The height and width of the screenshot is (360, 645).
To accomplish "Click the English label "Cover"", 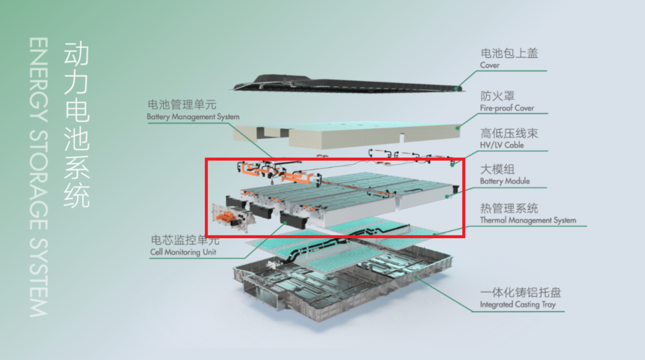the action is coord(490,65).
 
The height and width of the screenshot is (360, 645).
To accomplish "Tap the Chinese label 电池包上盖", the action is coord(510,53).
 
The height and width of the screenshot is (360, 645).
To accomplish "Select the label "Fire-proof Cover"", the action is coord(507,108).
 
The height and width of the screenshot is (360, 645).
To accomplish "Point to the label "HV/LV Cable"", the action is coord(502,145).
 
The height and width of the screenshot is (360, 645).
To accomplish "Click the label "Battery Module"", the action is coord(505,181).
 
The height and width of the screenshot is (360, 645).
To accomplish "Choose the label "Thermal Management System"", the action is coord(528,220).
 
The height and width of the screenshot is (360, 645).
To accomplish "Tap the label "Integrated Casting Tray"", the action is coord(517,305).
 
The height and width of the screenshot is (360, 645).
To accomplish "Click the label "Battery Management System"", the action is coord(193,117).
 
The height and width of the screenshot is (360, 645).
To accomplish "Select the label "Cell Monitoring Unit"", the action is coord(183,252).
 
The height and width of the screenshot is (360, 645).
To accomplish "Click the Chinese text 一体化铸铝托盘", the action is coord(521,292).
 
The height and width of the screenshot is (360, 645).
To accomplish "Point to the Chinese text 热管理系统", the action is coord(510,208).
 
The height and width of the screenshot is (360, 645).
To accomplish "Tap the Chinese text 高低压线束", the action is coord(510,134).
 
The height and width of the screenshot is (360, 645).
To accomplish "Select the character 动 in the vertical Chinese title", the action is coord(77,53).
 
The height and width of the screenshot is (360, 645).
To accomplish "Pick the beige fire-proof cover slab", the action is coord(346,135).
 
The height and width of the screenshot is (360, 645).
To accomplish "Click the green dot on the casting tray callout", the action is coord(416,277).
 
